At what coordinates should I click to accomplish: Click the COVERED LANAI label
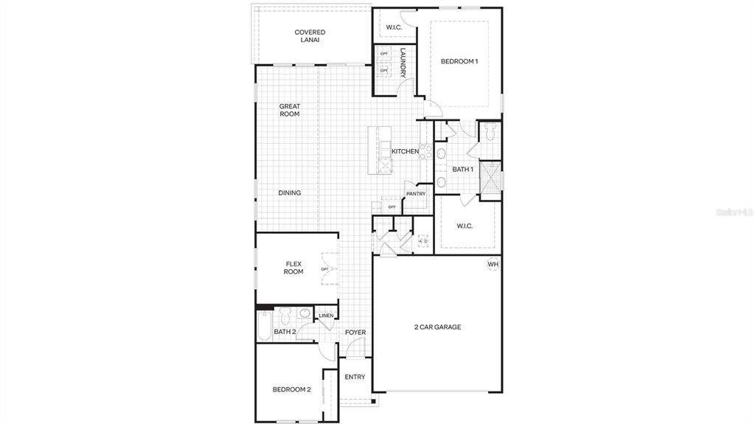tap(310, 36)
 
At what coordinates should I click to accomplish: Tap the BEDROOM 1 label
tap(459, 61)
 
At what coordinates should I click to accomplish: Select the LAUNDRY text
tap(403, 63)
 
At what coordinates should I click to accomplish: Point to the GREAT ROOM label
tap(290, 110)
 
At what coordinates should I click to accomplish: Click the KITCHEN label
tap(405, 152)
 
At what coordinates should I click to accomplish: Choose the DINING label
tap(290, 193)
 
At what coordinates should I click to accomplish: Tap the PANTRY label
tap(416, 194)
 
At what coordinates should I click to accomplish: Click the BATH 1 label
tap(462, 170)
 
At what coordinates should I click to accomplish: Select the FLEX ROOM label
tap(293, 268)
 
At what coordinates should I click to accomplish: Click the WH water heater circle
tap(493, 265)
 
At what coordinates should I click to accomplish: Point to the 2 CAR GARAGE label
tap(437, 327)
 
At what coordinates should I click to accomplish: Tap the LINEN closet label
tap(326, 316)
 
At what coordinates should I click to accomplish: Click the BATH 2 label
tap(285, 332)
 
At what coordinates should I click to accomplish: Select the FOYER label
tap(355, 333)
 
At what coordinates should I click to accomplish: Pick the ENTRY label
tap(355, 377)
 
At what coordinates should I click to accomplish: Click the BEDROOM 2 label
tap(291, 389)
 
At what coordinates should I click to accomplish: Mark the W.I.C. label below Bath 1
tap(465, 226)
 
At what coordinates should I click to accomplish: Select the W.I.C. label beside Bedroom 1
tap(394, 29)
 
